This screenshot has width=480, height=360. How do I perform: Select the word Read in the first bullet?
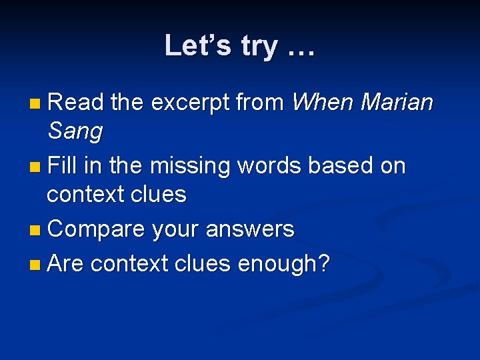[75, 102]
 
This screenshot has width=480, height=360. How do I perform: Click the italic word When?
[323, 102]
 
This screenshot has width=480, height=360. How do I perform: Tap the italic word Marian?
[397, 102]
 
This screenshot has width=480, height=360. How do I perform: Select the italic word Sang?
[75, 131]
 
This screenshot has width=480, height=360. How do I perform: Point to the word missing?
[194, 165]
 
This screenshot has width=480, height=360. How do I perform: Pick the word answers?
[250, 229]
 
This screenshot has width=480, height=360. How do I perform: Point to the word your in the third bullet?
[176, 229]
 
